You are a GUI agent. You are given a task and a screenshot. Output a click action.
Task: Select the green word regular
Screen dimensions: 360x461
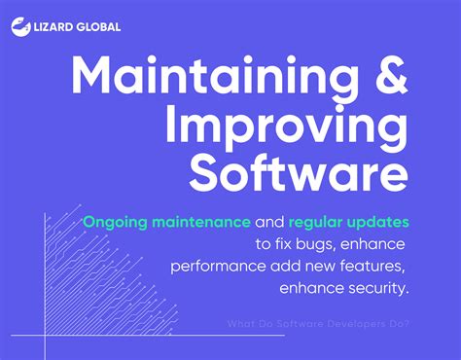pos(322,222)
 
